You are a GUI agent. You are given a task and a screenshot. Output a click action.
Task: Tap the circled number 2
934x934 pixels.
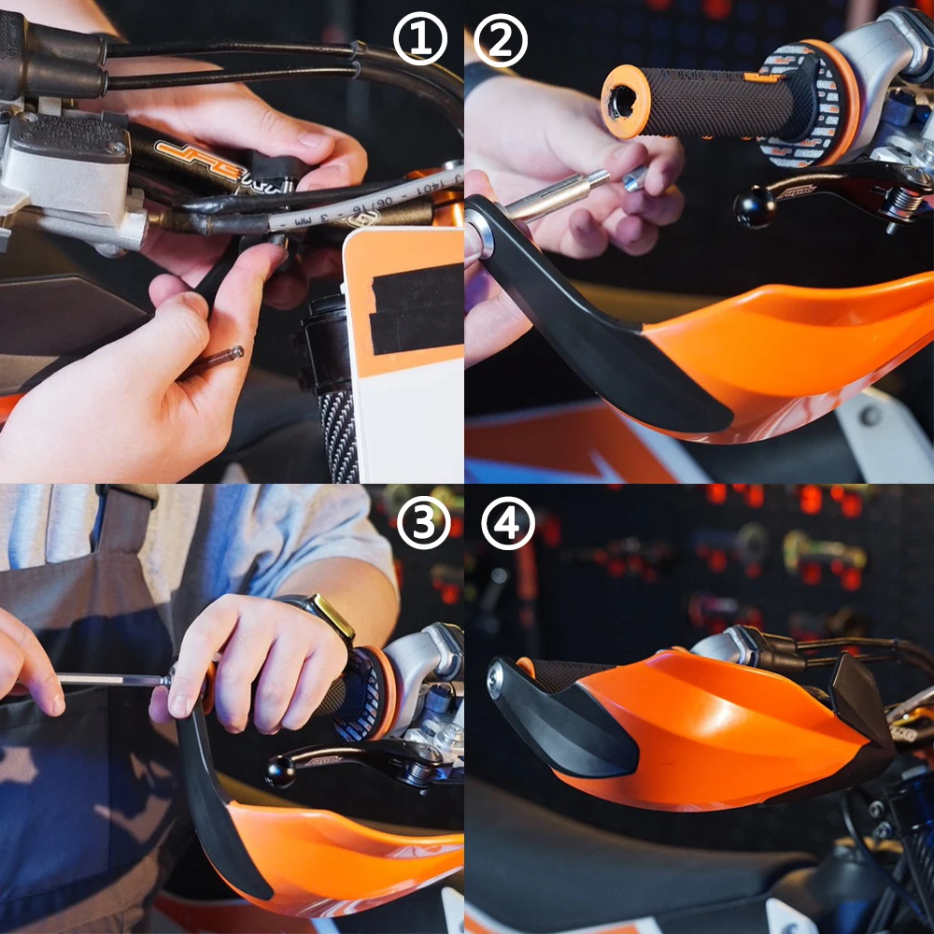tap(501, 41)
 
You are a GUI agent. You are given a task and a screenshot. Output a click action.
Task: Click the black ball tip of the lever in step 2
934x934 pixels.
tap(752, 207)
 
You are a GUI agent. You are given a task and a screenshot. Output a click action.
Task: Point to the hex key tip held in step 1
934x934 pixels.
tap(229, 355)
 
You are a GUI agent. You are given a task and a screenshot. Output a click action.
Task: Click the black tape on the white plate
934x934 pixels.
tap(417, 308)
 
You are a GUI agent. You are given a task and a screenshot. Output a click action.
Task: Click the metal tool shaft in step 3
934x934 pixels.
tap(112, 680)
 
